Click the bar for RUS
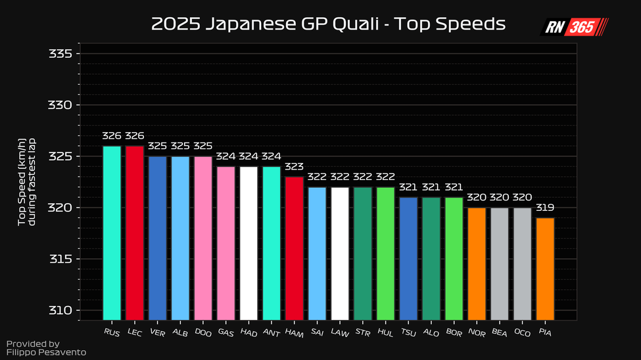click(112, 233)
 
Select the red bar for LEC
click(134, 233)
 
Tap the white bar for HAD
click(249, 243)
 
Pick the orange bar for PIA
click(545, 269)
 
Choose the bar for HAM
click(294, 248)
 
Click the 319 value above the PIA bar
click(545, 208)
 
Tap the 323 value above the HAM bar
click(294, 167)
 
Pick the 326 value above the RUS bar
click(112, 136)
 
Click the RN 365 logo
click(575, 27)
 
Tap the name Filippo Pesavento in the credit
click(46, 353)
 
